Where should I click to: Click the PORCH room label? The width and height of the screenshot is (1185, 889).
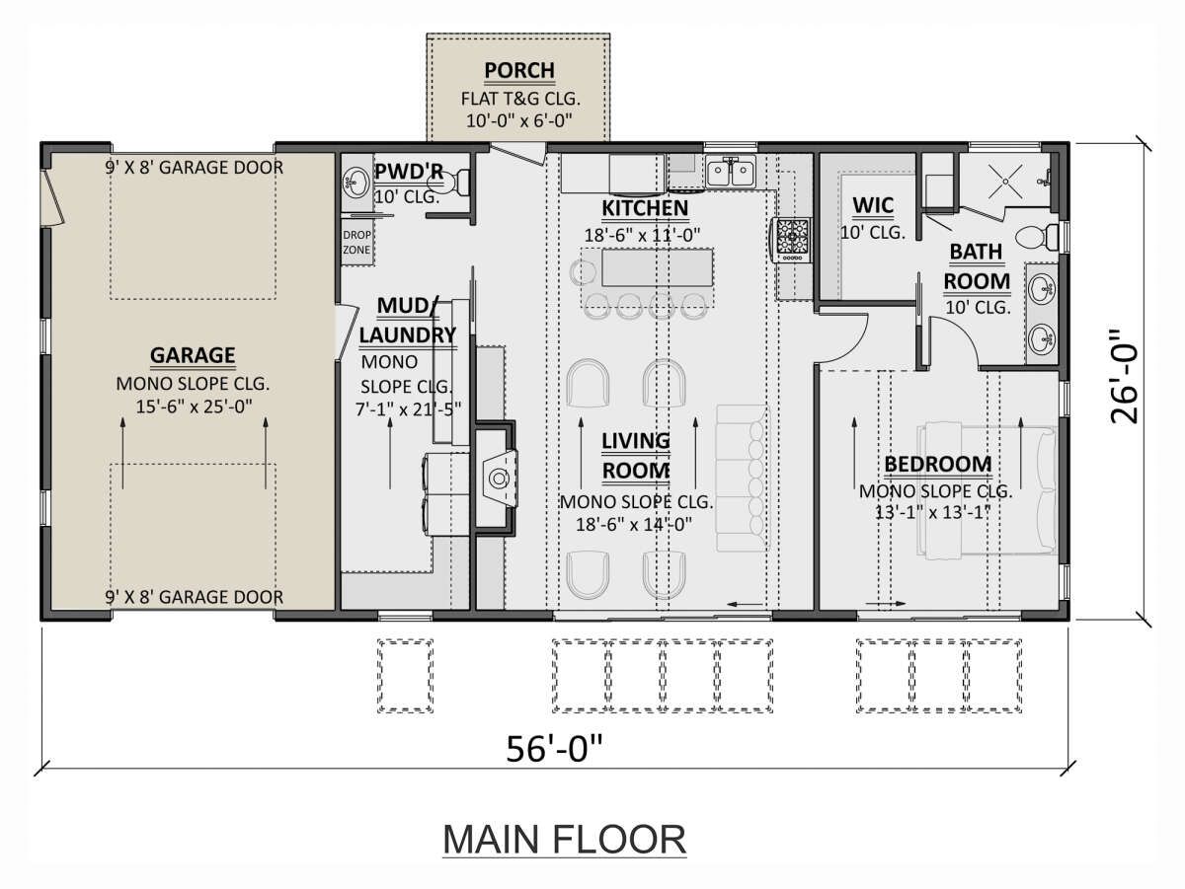point(519,70)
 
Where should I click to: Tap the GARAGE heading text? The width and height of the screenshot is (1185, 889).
point(193,355)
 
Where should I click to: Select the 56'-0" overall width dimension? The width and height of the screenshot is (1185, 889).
point(554,748)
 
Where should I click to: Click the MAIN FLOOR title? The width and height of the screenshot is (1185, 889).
point(564,840)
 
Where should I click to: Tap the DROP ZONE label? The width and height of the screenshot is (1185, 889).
point(356,242)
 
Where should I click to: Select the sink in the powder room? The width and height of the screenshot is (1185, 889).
point(355,182)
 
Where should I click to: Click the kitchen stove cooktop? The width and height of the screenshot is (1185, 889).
point(791,240)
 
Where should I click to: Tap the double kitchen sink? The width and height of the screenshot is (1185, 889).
point(731,172)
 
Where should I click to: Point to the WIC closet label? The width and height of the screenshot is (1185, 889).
point(872,205)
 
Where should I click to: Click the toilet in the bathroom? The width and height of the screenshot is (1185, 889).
point(1037,237)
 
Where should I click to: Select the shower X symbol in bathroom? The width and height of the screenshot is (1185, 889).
point(1005,182)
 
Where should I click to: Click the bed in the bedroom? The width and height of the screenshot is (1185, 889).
point(987,489)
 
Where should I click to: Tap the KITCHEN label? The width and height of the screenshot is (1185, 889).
point(645,208)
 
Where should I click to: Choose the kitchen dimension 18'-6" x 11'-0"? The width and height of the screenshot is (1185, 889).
point(643,235)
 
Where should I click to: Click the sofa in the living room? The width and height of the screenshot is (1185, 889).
point(742,478)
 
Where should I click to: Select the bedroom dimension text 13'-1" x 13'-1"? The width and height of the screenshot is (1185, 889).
point(932,512)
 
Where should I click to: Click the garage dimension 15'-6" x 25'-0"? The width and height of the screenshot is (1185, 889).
point(194,407)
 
